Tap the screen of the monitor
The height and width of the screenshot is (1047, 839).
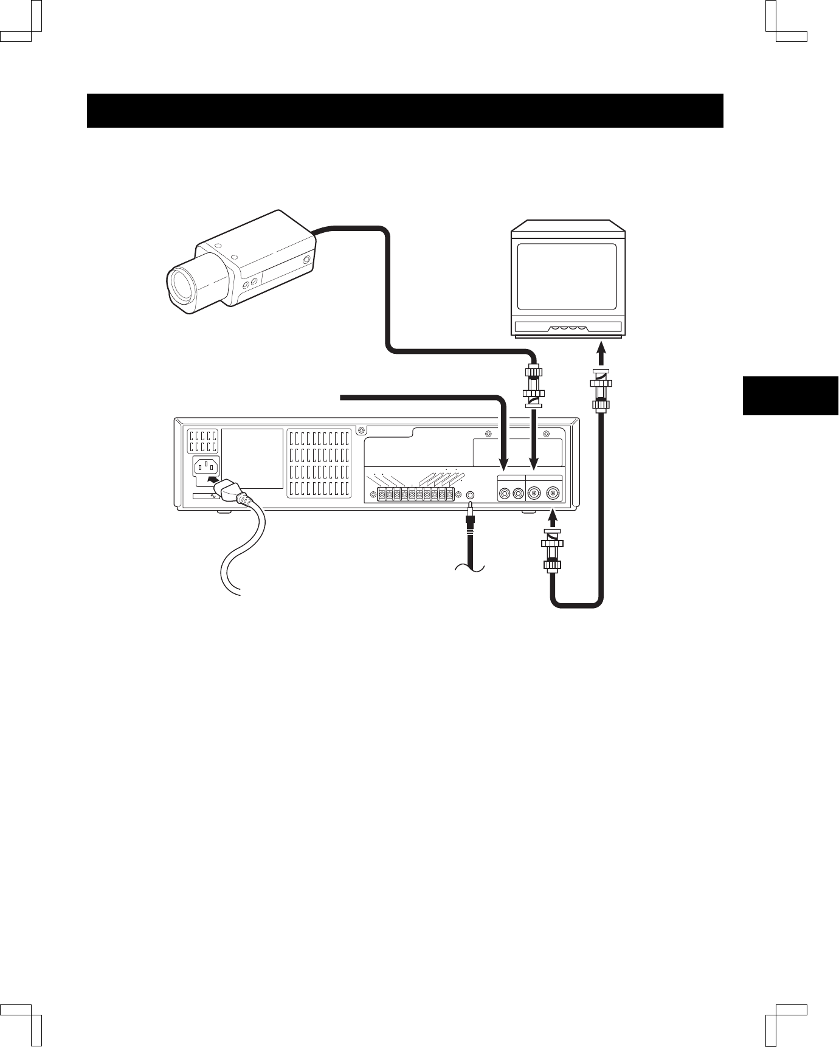(x=565, y=277)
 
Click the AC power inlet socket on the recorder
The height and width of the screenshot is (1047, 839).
(x=206, y=467)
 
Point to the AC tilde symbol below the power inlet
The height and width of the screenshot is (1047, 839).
(x=213, y=496)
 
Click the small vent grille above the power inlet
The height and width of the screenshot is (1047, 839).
(x=202, y=441)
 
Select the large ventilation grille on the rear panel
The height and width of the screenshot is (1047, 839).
(x=319, y=463)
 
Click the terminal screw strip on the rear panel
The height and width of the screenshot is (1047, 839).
(x=415, y=494)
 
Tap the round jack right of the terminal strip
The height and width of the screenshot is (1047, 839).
(x=469, y=494)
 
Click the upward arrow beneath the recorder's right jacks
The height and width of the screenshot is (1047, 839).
(x=553, y=518)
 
